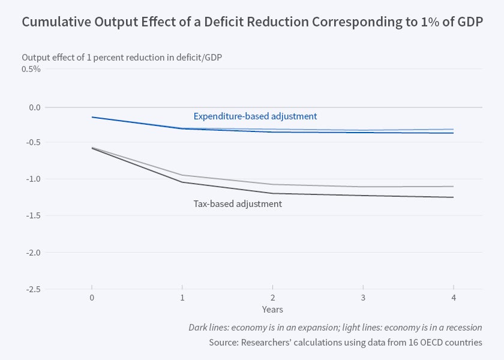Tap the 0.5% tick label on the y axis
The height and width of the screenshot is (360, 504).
point(31,69)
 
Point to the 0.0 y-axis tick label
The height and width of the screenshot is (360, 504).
point(34,107)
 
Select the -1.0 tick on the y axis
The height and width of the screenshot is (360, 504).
point(32,179)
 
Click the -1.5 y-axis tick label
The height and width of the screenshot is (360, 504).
point(32,215)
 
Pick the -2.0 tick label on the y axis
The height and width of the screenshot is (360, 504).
point(32,252)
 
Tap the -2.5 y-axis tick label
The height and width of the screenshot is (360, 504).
point(32,289)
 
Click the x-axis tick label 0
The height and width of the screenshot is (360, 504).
point(92,298)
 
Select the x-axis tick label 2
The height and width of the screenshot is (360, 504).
point(272,298)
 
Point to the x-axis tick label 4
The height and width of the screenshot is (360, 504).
point(453,298)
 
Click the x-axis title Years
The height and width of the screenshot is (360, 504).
point(272,310)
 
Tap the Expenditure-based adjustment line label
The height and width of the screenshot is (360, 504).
point(255,116)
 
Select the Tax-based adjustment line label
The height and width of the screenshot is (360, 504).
point(238,204)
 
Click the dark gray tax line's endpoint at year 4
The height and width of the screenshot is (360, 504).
point(453,197)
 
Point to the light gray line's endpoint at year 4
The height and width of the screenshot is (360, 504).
point(453,187)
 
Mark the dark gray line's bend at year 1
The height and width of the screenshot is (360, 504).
point(182,182)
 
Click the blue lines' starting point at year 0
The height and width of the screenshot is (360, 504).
point(92,117)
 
